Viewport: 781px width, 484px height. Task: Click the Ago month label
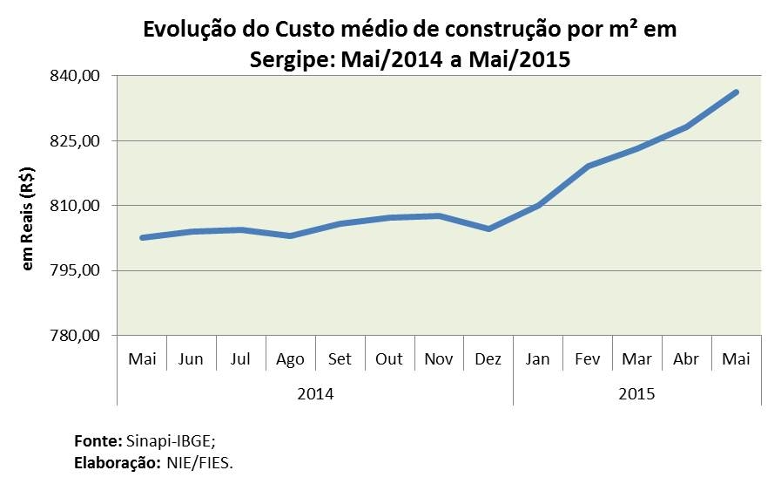click(x=290, y=359)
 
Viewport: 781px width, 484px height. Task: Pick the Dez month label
click(x=488, y=359)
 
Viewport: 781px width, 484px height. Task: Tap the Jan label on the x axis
click(x=538, y=359)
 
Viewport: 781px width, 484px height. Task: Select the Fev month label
click(x=588, y=359)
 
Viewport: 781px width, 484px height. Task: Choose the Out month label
click(x=389, y=359)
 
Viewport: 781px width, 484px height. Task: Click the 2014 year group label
click(x=315, y=393)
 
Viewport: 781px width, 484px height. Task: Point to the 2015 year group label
click(x=637, y=393)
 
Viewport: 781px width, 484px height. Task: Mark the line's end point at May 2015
click(x=737, y=92)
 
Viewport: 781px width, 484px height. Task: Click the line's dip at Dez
click(x=489, y=228)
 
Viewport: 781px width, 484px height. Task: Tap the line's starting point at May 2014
click(x=142, y=237)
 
